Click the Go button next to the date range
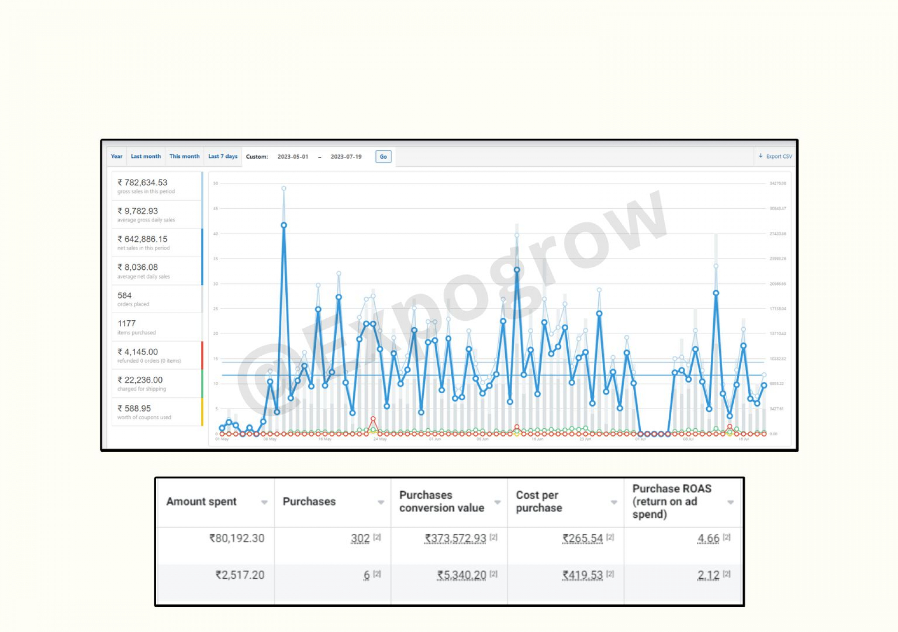coord(383,157)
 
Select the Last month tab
coord(145,156)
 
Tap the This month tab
coord(184,156)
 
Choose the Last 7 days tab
coord(223,156)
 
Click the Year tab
coord(116,156)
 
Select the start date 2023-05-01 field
coord(293,157)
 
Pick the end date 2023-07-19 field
coord(346,157)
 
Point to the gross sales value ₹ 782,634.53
coord(142,183)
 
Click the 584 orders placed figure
coord(124,295)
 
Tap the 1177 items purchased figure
coord(127,323)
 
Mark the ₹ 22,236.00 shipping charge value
coord(140,380)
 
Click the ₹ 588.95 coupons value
coord(134,408)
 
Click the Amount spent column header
coord(202,501)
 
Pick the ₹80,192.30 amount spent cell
coord(237,538)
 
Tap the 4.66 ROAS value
coord(708,538)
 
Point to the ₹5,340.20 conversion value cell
coord(462,575)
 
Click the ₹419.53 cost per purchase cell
coord(582,575)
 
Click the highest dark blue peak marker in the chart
coord(284,225)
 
